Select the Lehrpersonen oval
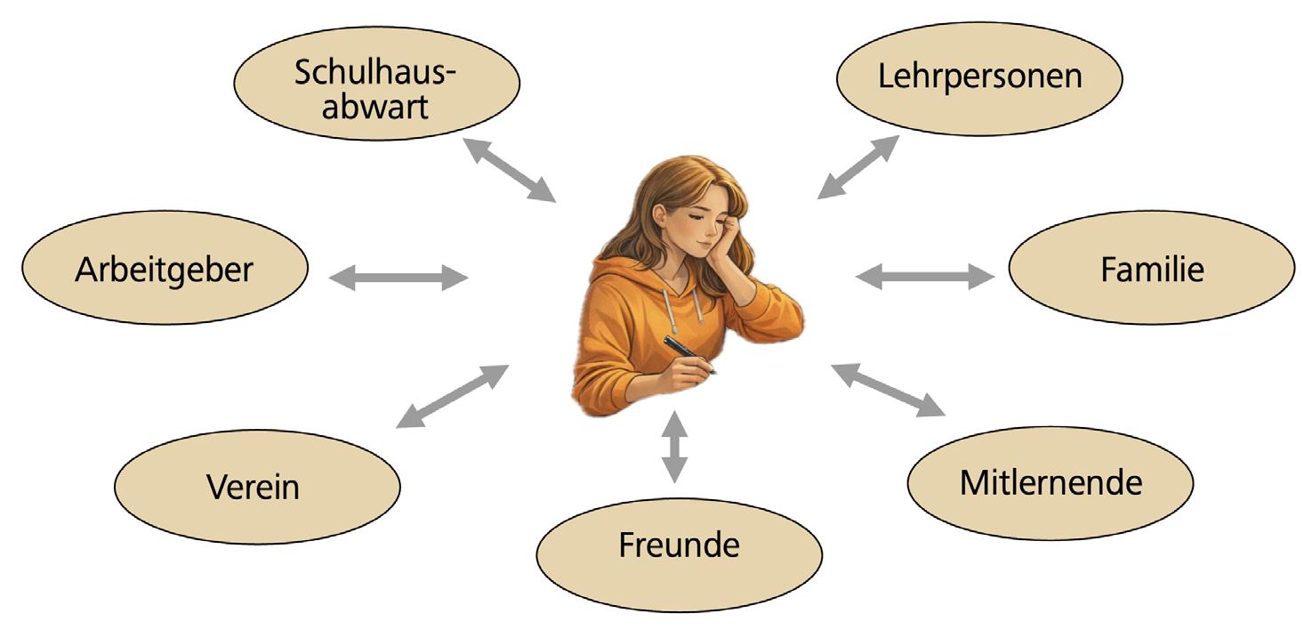pyautogui.click(x=979, y=77)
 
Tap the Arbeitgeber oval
pyautogui.click(x=165, y=268)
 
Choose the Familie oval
pyautogui.click(x=1151, y=268)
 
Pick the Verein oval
pyautogui.click(x=257, y=487)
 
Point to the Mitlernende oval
pyautogui.click(x=1050, y=483)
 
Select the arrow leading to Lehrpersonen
pyautogui.click(x=857, y=167)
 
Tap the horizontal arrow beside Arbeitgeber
pyautogui.click(x=398, y=278)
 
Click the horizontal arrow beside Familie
pyautogui.click(x=925, y=277)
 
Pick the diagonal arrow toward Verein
pyautogui.click(x=453, y=396)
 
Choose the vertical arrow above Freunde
pyautogui.click(x=675, y=446)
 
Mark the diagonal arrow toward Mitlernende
pyautogui.click(x=888, y=390)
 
